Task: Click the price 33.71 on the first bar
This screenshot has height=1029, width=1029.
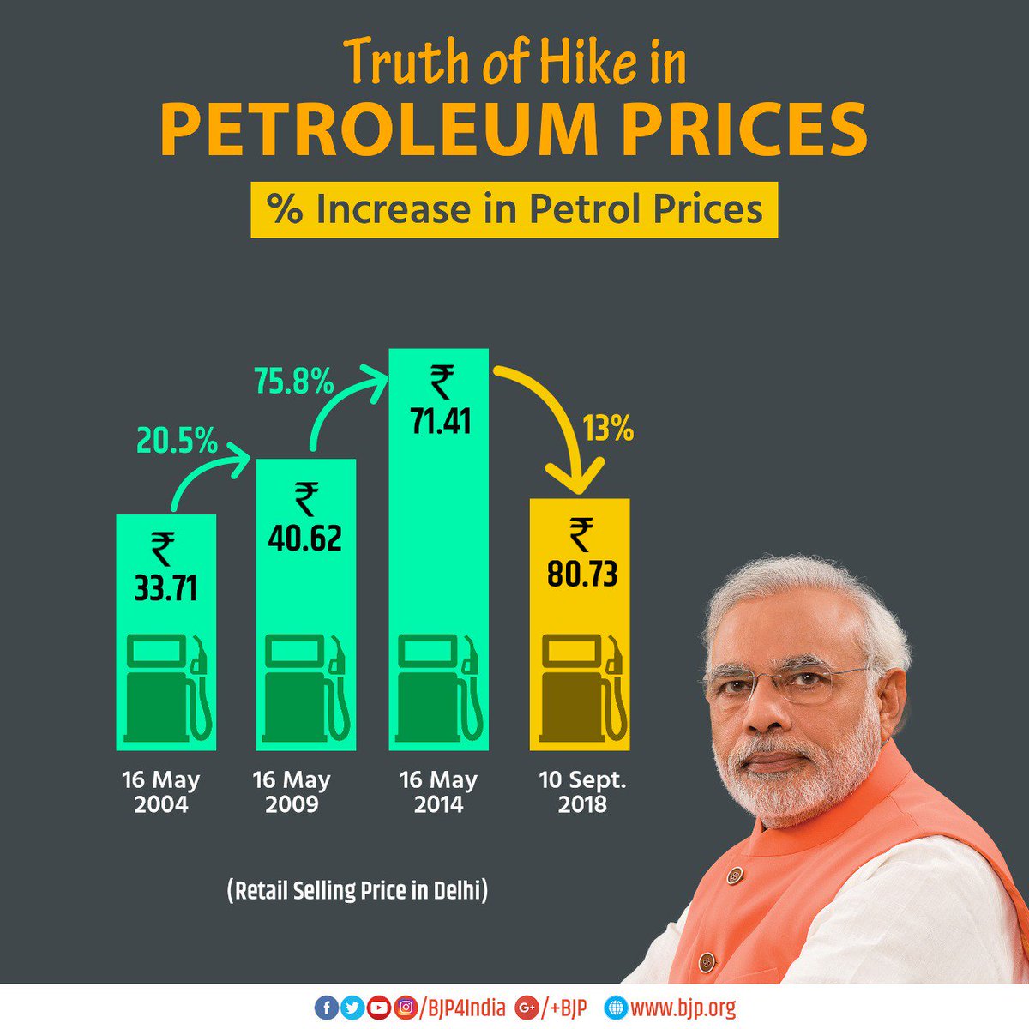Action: (165, 588)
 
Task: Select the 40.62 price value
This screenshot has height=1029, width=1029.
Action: (304, 538)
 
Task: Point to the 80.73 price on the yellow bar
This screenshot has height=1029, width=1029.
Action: (581, 574)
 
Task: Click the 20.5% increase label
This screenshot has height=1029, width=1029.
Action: (177, 441)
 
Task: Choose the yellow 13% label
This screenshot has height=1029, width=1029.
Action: (608, 428)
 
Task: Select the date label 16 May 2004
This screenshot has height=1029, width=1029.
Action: (160, 792)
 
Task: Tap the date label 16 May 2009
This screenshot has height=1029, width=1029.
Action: (292, 792)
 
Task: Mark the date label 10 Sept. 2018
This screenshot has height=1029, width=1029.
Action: (582, 792)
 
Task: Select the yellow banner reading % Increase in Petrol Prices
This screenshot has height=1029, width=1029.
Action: (514, 210)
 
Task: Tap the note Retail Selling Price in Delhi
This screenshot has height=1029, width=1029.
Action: (358, 890)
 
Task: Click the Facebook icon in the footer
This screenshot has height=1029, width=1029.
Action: (326, 1008)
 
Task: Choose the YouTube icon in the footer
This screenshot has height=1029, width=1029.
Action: (378, 1008)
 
